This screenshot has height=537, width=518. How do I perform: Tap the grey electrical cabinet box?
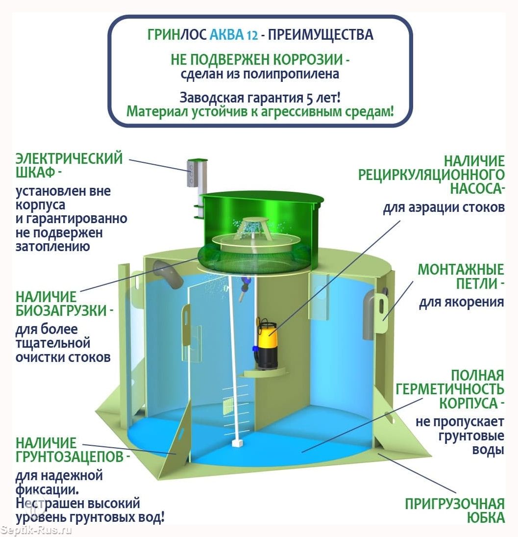point(194,173)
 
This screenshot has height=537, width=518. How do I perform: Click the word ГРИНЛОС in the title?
point(177,35)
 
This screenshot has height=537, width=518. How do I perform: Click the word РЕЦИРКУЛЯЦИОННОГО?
point(431,174)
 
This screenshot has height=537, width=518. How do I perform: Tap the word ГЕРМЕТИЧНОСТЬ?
point(450,389)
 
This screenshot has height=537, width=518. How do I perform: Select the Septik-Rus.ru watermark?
point(36,530)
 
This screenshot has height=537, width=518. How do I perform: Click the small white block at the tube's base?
point(237,443)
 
